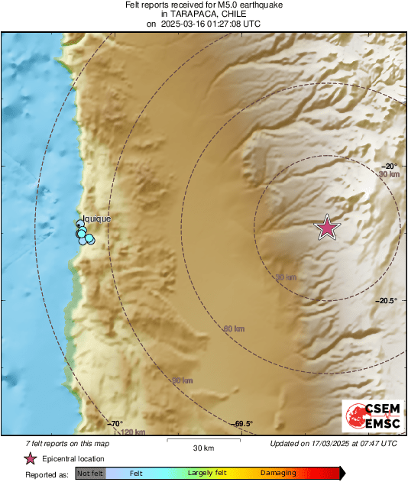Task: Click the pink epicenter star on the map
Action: pyautogui.click(x=328, y=227)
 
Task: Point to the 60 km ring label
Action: pyautogui.click(x=233, y=328)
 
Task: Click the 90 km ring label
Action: pyautogui.click(x=182, y=380)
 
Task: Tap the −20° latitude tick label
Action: pyautogui.click(x=389, y=166)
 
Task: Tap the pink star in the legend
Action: pyautogui.click(x=31, y=458)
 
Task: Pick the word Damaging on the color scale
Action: pyautogui.click(x=278, y=473)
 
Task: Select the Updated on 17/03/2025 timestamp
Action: pyautogui.click(x=333, y=443)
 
